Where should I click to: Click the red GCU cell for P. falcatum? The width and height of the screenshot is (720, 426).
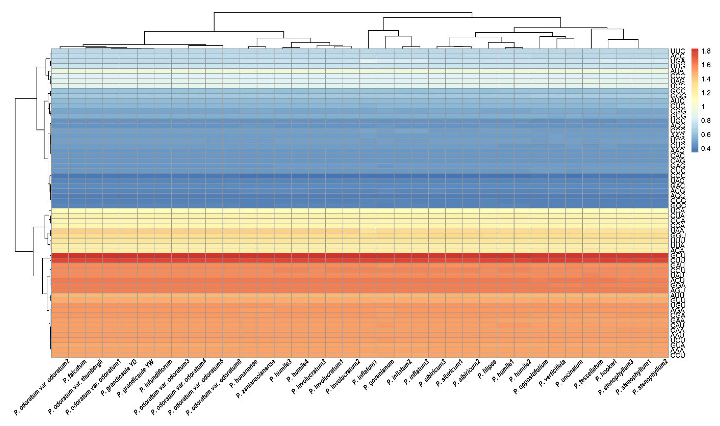pos(77,255)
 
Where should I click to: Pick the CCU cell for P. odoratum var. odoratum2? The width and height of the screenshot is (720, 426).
pos(60,355)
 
